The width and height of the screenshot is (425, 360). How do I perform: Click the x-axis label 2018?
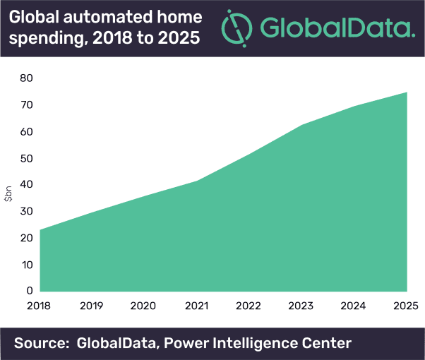(40, 306)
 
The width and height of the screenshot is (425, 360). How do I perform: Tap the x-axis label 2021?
(197, 306)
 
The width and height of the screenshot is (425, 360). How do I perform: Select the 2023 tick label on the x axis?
(301, 306)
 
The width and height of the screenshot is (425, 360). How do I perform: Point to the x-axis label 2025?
(407, 306)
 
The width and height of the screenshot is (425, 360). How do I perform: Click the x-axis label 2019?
(92, 306)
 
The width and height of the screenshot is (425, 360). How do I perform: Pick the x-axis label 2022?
(249, 306)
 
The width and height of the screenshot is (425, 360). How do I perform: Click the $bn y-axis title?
(8, 195)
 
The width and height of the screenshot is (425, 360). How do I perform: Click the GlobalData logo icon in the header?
(236, 28)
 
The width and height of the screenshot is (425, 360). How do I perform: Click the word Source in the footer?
(41, 344)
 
